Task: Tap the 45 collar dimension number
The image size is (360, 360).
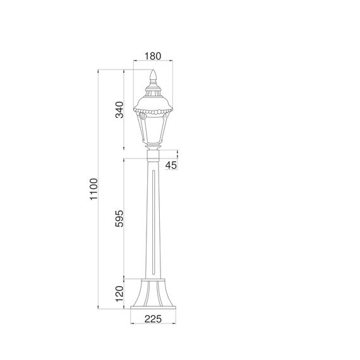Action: pyautogui.click(x=171, y=165)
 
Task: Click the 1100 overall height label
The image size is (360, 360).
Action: pyautogui.click(x=93, y=189)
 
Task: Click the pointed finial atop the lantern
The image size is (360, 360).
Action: pyautogui.click(x=152, y=77)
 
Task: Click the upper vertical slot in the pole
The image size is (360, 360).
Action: pyautogui.click(x=152, y=189)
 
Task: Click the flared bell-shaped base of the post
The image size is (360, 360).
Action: pyautogui.click(x=152, y=294)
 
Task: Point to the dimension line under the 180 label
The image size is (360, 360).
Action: pyautogui.click(x=152, y=63)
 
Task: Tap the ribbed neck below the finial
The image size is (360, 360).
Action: pyautogui.click(x=152, y=88)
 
